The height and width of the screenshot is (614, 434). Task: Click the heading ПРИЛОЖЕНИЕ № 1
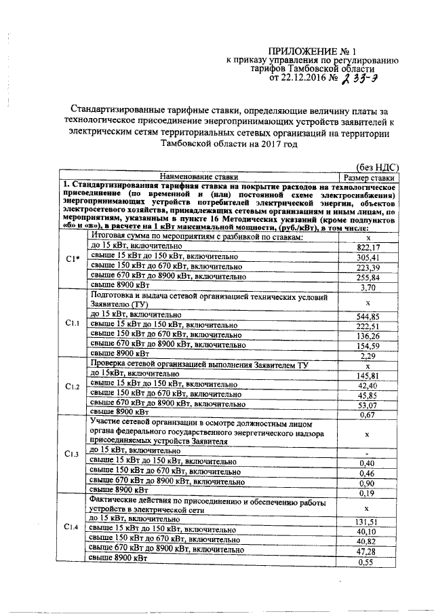click(312, 52)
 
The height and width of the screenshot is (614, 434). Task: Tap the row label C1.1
click(73, 323)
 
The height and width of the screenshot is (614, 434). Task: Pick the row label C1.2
click(73, 387)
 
